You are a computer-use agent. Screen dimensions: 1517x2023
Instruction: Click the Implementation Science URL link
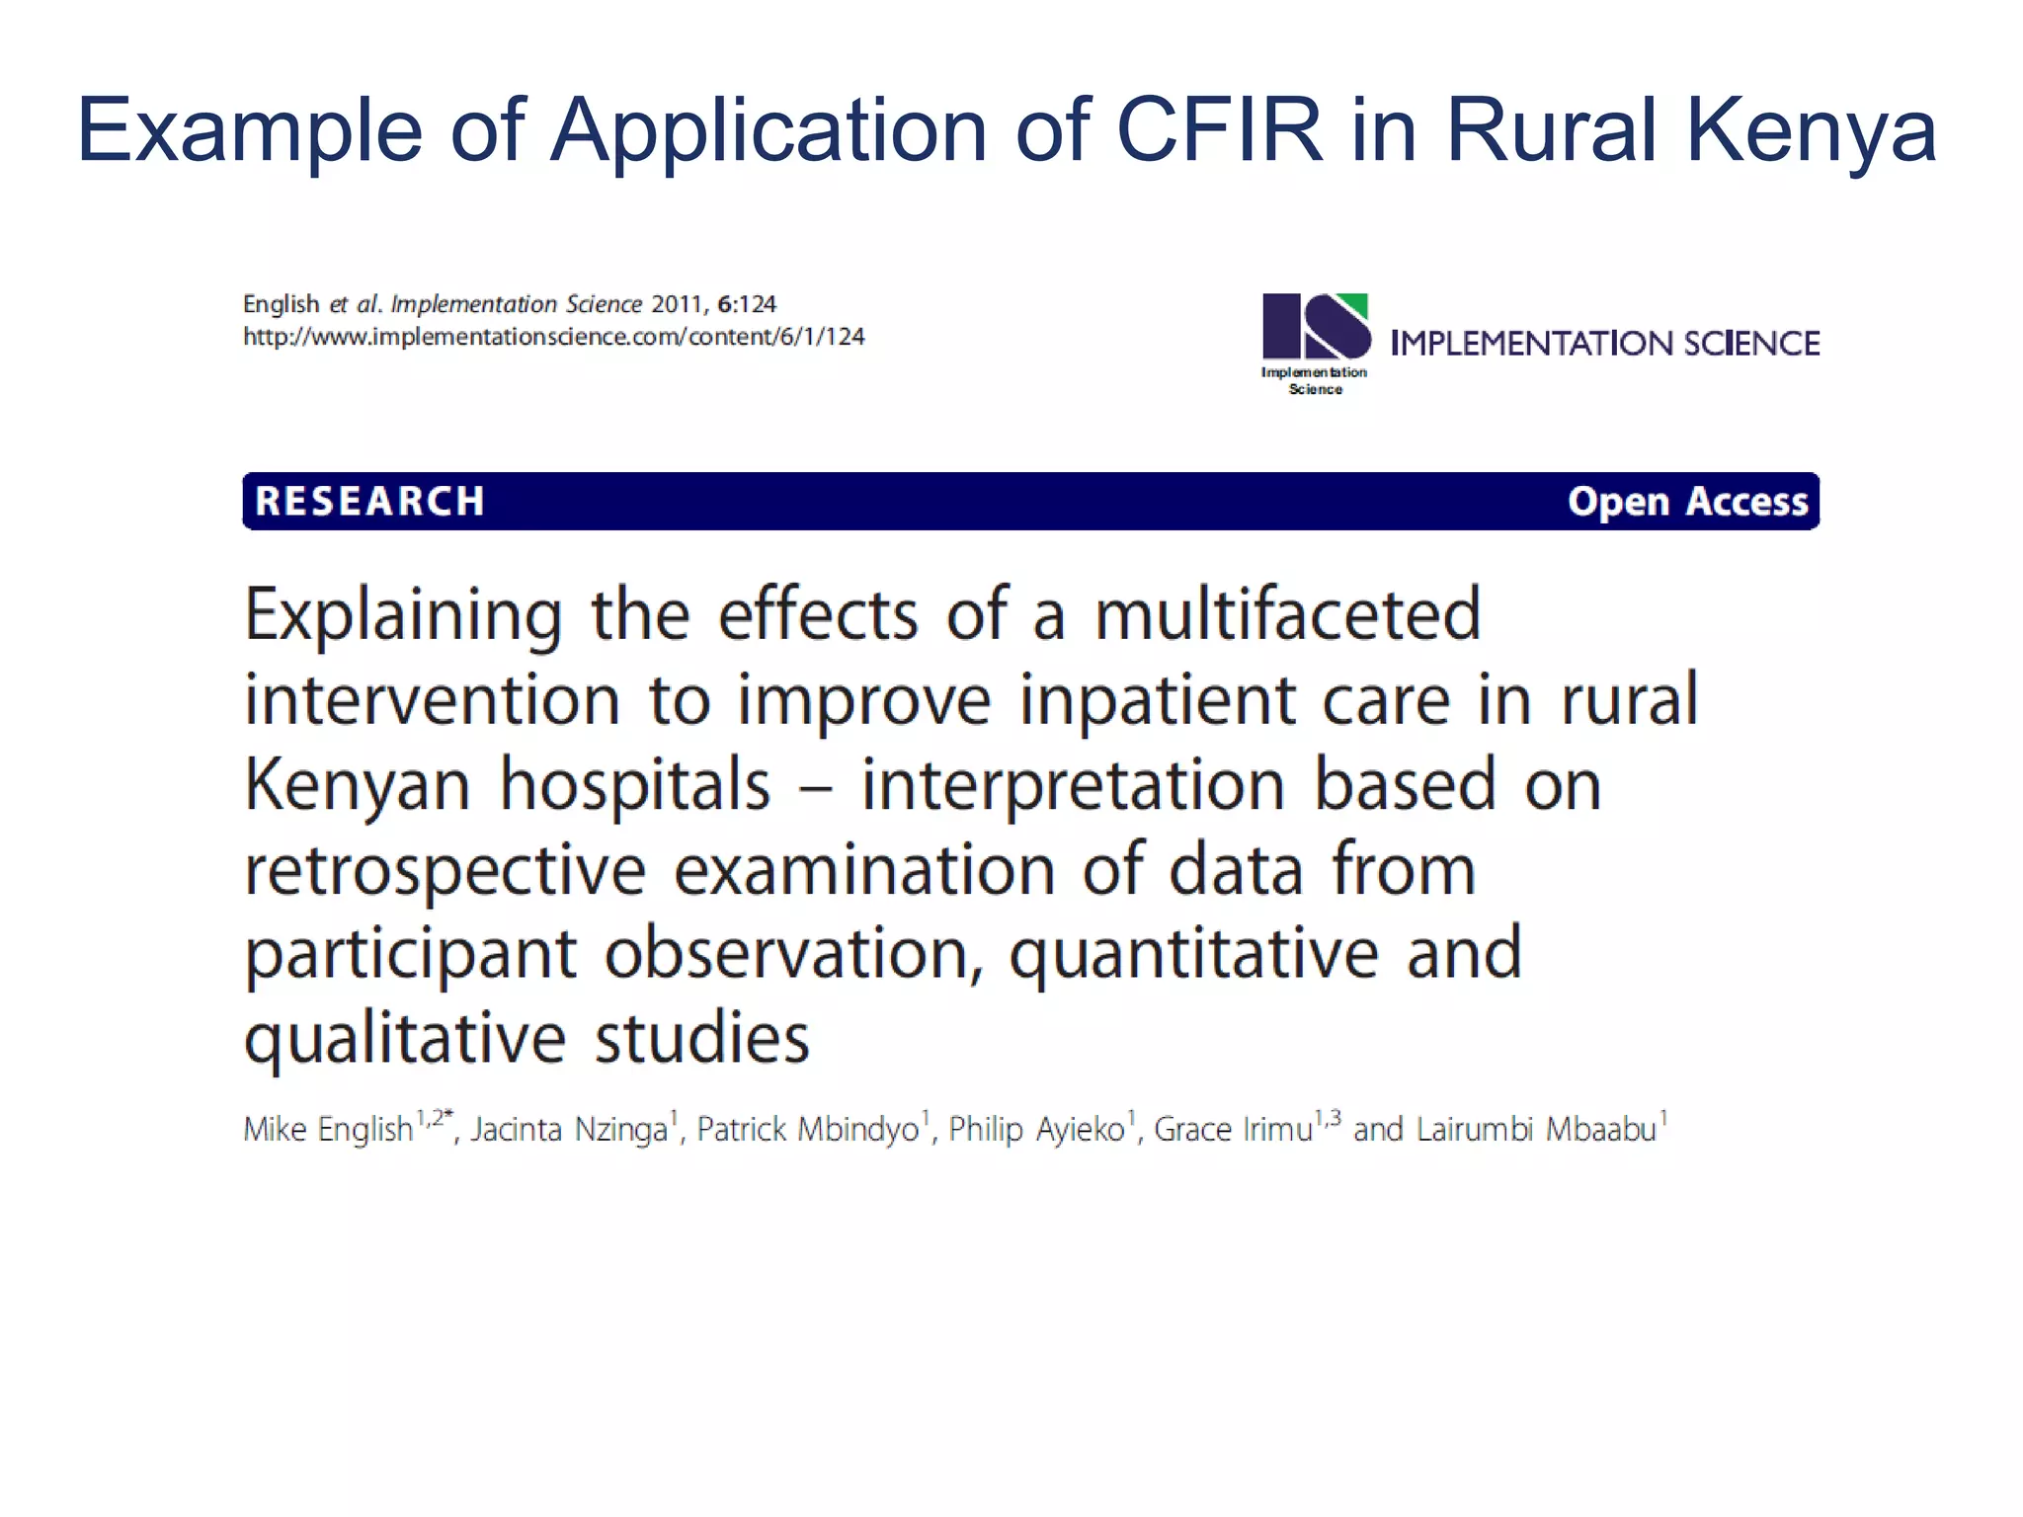[553, 337]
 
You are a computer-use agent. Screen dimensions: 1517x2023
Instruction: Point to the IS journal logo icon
[1316, 327]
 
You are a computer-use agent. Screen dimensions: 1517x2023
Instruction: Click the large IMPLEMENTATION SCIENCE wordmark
[1604, 343]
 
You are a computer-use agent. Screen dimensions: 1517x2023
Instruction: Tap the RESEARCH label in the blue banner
[369, 501]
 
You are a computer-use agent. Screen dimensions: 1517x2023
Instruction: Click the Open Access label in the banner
[1687, 501]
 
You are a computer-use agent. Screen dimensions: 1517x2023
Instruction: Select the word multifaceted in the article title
[1287, 614]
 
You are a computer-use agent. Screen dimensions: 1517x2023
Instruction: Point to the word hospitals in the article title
[635, 784]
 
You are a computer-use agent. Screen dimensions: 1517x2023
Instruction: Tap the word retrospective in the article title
[445, 869]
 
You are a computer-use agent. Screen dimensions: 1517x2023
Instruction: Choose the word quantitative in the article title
[1193, 954]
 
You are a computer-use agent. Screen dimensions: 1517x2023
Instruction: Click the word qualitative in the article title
[405, 1039]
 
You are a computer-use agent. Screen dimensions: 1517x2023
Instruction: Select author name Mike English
[328, 1129]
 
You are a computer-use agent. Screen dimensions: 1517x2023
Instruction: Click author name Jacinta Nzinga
[569, 1129]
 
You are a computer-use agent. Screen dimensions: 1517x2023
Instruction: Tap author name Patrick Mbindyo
[808, 1129]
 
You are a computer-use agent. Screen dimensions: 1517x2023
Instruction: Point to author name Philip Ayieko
[1036, 1129]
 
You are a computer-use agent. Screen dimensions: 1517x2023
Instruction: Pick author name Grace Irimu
[1233, 1129]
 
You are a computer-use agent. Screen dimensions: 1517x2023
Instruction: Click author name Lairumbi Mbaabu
[1536, 1129]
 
